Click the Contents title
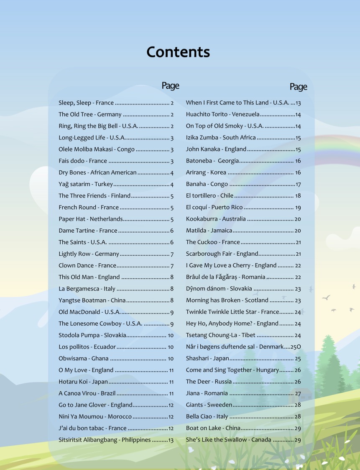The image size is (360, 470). point(178,52)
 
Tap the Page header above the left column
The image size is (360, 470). point(170,85)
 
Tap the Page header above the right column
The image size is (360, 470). point(298,87)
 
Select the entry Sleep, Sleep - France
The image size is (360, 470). point(86,103)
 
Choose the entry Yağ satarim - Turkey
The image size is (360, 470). point(86,184)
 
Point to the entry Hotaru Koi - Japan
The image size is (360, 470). point(83,382)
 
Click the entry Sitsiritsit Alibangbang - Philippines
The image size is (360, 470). point(105,440)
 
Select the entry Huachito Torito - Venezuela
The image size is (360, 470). point(222,114)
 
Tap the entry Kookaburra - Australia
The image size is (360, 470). point(216,219)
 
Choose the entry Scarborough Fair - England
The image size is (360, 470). point(222,254)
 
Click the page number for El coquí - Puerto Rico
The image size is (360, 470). point(298,208)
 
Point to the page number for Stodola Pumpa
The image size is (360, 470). point(171,336)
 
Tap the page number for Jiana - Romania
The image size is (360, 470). point(298,393)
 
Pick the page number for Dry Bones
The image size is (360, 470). point(172,173)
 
